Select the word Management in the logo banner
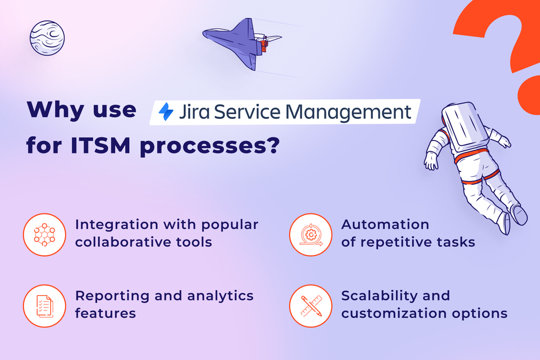point(348,112)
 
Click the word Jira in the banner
point(194,112)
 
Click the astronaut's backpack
point(464,126)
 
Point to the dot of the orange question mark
point(528,99)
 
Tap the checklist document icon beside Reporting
point(44,305)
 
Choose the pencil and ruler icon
point(310,305)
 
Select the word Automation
point(385,224)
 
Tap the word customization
point(389,313)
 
